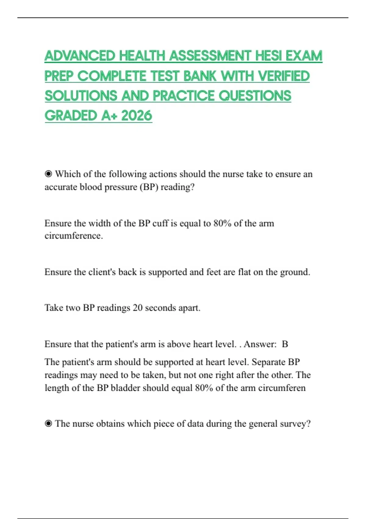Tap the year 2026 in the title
[136, 116]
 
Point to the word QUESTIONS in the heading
[255, 96]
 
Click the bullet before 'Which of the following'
[48, 174]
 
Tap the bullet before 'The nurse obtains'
[48, 423]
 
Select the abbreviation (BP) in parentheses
[149, 187]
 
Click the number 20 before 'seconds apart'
[138, 308]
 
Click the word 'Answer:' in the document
[260, 344]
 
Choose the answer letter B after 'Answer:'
[285, 344]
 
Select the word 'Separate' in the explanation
[268, 362]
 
